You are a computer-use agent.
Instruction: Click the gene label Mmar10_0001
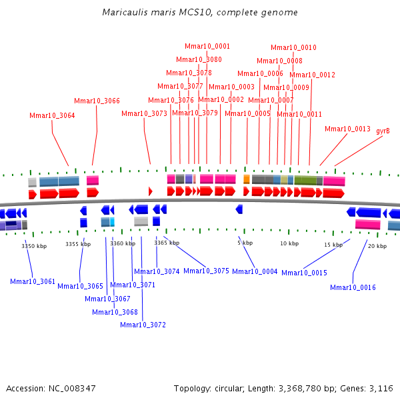[207, 46]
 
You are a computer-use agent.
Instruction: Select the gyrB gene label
[383, 131]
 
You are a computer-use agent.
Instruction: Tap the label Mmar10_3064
[52, 115]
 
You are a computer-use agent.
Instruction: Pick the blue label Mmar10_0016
[353, 287]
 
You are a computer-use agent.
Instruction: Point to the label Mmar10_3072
[143, 325]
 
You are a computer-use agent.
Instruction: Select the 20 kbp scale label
[377, 246]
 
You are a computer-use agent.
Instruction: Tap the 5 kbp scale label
[245, 243]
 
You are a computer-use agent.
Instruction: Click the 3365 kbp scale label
[167, 243]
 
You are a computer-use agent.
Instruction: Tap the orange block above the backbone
[247, 179]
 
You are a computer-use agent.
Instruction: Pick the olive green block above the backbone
[305, 180]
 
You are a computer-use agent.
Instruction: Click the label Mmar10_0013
[347, 129]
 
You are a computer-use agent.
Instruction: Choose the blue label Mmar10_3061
[33, 281]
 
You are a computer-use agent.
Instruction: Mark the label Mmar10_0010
[293, 47]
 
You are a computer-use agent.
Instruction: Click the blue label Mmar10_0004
[255, 271]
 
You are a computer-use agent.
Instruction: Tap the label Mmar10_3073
[144, 113]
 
